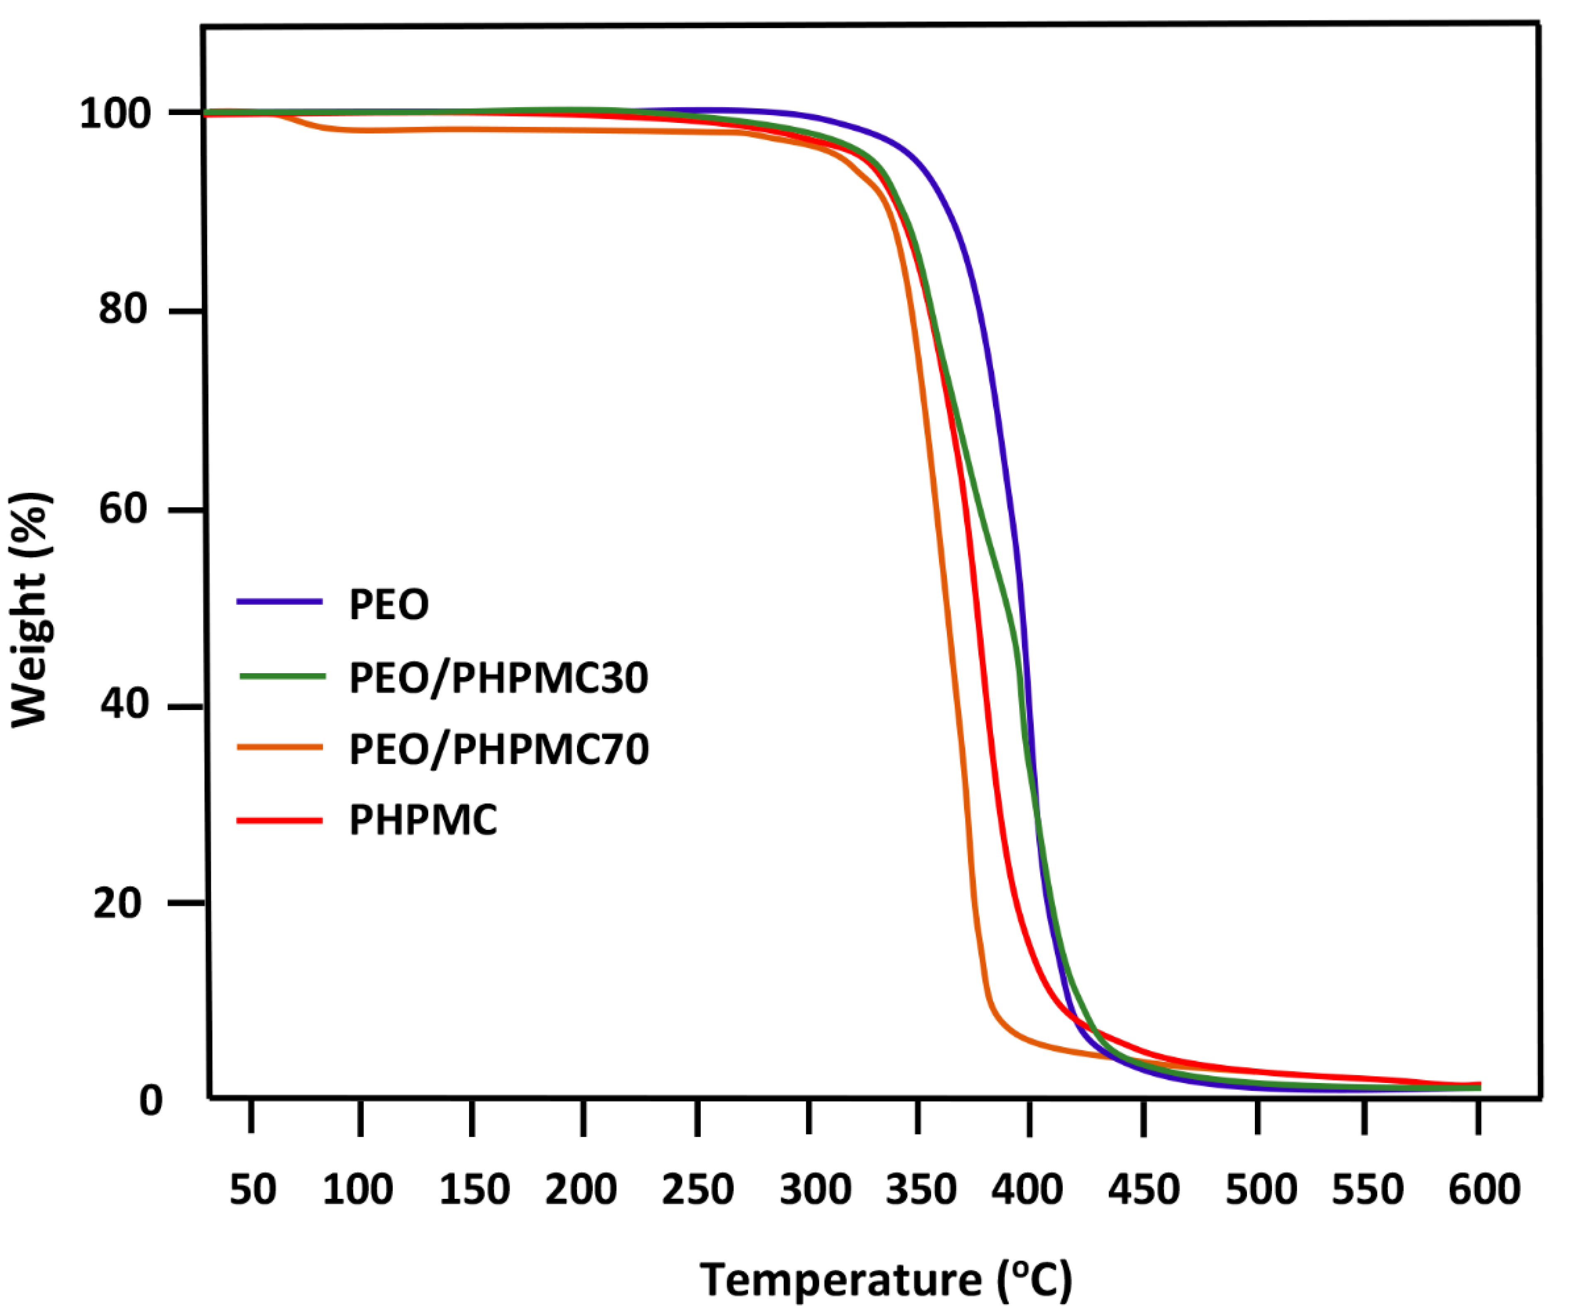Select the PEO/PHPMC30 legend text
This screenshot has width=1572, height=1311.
click(x=498, y=678)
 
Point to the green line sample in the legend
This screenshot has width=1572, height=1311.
click(x=282, y=676)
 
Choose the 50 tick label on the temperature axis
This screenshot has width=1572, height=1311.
click(x=252, y=1189)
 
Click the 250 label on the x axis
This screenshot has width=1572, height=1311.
click(x=697, y=1189)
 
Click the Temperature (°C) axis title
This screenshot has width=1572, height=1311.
click(x=885, y=1279)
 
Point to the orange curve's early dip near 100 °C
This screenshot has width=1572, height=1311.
click(x=329, y=129)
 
